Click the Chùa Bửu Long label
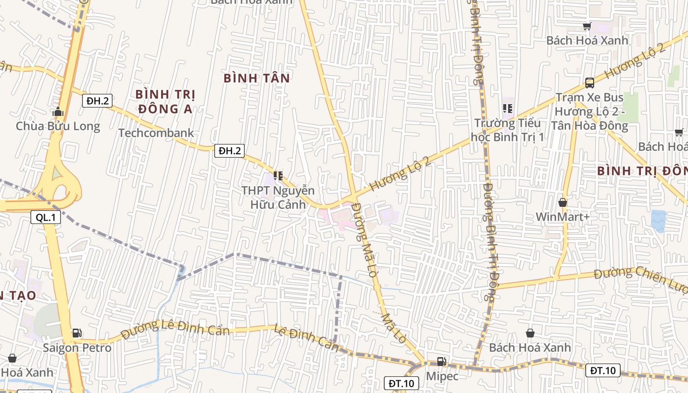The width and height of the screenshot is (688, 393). (x=58, y=126)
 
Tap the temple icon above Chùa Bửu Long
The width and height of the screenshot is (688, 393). (x=58, y=112)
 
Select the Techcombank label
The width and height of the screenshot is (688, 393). (x=156, y=133)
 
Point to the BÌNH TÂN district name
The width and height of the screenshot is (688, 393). (x=257, y=78)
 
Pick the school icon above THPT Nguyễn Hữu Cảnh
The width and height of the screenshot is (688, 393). (x=278, y=175)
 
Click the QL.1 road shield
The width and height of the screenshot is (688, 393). (x=46, y=217)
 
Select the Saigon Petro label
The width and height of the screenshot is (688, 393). (x=77, y=348)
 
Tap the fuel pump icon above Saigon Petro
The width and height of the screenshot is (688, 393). (x=77, y=333)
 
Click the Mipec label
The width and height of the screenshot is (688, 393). (x=442, y=376)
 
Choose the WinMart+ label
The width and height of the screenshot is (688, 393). (x=562, y=217)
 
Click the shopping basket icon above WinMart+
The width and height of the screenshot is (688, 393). (x=563, y=202)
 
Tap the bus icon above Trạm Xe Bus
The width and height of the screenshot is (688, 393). (x=590, y=83)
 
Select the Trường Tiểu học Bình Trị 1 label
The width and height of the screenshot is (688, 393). (x=508, y=130)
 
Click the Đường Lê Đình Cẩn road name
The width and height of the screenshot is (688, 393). (x=175, y=328)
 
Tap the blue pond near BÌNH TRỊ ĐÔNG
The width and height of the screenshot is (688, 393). (x=659, y=221)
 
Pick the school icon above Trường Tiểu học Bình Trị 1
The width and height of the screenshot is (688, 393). (x=508, y=108)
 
